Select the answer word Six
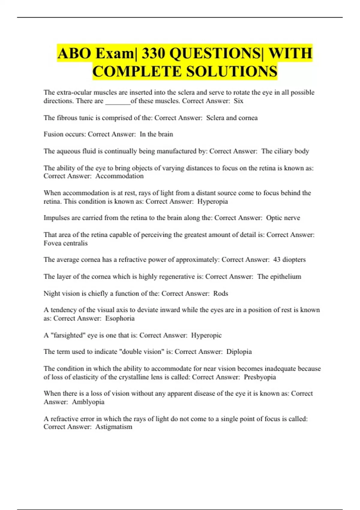[x=238, y=101]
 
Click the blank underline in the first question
[x=118, y=102]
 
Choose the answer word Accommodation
[x=119, y=176]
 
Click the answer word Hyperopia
[x=212, y=201]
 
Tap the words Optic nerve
[x=283, y=218]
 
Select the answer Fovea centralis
[x=66, y=243]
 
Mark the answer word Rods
[x=220, y=293]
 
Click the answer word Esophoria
[x=120, y=318]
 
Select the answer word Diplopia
[x=239, y=352]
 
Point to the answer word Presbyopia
[x=260, y=377]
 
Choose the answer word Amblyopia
[x=88, y=402]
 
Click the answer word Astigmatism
[x=114, y=427]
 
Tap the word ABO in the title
[x=74, y=53]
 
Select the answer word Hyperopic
[x=206, y=335]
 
